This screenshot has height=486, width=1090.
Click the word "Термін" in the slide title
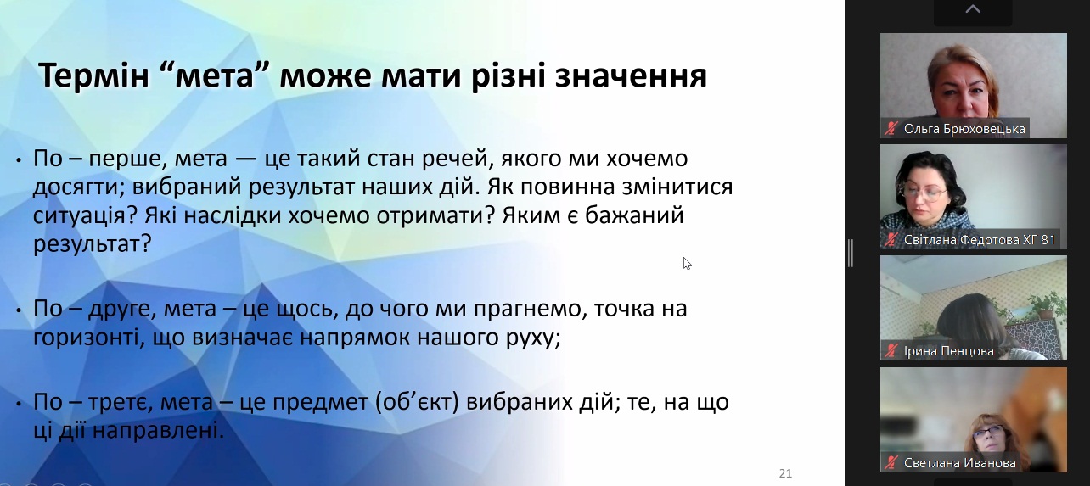(93, 75)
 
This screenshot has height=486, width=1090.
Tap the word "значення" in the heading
(631, 77)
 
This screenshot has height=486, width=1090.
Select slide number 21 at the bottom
(785, 473)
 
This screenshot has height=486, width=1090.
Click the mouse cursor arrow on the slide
(687, 263)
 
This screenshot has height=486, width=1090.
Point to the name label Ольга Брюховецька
(964, 129)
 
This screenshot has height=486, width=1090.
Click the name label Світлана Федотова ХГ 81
(979, 240)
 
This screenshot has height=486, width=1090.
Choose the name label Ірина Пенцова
(948, 351)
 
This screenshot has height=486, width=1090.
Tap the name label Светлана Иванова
(959, 462)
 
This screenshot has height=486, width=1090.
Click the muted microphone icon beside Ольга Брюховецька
(891, 129)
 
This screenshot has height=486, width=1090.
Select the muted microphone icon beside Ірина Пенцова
(891, 351)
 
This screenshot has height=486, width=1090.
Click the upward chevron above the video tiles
(973, 8)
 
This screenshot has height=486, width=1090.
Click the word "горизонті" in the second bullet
(86, 338)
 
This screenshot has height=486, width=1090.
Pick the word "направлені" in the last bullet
(158, 431)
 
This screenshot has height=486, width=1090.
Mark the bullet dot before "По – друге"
(19, 310)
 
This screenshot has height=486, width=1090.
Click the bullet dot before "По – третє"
(19, 403)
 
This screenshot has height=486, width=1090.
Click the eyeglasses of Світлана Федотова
(923, 194)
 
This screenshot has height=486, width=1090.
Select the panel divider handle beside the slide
(850, 253)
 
